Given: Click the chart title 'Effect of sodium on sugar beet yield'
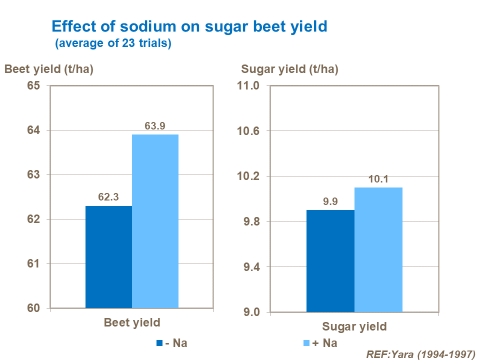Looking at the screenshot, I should click(189, 26).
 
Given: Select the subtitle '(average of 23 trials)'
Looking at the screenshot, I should click(113, 43).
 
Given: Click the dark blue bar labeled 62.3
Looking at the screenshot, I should click(108, 257).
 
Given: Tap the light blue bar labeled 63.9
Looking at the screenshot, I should click(155, 221).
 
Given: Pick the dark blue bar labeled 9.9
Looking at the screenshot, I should click(330, 261).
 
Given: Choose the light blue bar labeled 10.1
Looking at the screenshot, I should click(378, 249).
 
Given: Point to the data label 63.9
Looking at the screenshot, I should click(155, 126).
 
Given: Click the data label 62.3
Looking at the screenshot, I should click(108, 197).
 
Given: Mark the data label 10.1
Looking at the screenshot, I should click(378, 179).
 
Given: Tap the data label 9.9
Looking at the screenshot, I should click(330, 201).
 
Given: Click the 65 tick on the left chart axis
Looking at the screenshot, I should click(33, 86).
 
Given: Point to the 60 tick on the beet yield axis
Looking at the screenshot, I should click(33, 308).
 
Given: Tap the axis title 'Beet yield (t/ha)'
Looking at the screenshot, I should click(49, 69).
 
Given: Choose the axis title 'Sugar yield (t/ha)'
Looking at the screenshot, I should click(289, 69).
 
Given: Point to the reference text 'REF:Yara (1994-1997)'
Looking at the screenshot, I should click(420, 354).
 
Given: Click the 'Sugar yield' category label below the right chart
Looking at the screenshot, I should click(354, 326).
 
